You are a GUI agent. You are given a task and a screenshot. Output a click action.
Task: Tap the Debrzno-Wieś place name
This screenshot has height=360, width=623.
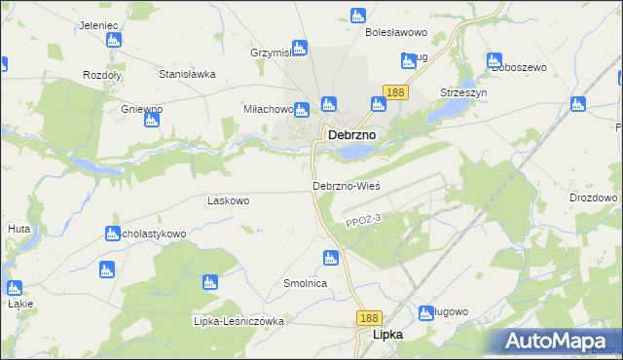click(346, 185)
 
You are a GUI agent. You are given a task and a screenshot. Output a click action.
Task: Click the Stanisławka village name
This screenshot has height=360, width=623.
click(187, 73)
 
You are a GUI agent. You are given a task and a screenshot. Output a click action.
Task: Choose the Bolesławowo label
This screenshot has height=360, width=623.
click(396, 32)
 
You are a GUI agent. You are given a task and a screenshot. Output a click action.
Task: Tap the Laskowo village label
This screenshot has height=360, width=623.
click(229, 200)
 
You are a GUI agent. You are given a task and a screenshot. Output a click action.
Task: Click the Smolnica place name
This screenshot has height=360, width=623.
click(304, 283)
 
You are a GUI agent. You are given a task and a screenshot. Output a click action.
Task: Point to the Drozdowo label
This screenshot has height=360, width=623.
click(596, 198)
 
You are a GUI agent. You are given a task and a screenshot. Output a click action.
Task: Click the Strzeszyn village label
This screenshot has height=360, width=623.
click(462, 91)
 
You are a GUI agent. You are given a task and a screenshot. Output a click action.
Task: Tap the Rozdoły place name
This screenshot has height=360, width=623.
click(101, 74)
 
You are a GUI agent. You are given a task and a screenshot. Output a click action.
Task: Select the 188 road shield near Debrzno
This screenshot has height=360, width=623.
click(394, 91)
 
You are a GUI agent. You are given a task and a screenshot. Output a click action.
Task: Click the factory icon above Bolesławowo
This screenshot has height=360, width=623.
click(356, 16)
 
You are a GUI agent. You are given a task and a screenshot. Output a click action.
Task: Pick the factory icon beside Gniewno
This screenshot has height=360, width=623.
click(151, 120)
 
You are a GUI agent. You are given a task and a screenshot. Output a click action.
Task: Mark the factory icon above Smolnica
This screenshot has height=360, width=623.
click(330, 258)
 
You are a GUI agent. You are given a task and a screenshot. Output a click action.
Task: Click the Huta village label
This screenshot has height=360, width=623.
click(18, 229)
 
